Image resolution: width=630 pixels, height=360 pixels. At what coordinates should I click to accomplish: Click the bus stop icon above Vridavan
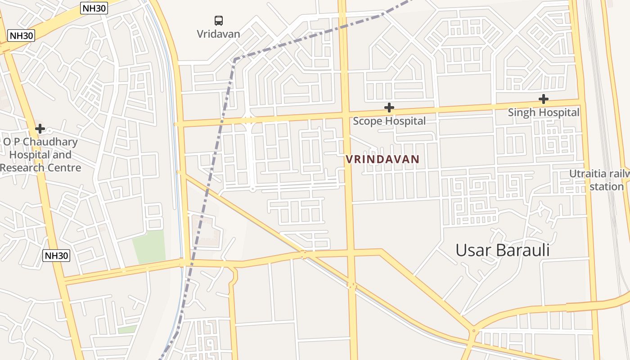(x=219, y=20)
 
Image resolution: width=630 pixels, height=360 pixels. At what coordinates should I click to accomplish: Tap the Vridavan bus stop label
(x=219, y=34)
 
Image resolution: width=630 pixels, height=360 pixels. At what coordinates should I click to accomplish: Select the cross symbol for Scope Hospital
(x=389, y=108)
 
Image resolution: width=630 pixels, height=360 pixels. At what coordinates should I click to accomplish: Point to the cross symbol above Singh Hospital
(x=544, y=99)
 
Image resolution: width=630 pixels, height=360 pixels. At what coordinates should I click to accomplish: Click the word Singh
(x=522, y=112)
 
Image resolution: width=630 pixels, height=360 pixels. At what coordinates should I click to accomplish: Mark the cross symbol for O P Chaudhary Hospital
(x=40, y=129)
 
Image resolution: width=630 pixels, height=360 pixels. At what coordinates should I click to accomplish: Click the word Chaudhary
(x=51, y=142)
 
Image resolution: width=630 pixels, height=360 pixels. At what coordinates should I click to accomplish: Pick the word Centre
(x=66, y=168)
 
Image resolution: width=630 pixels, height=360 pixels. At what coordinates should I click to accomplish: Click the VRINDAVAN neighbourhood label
(x=382, y=159)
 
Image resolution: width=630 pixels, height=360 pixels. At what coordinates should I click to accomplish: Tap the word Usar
(x=473, y=250)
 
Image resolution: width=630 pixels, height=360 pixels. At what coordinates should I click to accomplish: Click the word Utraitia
(x=588, y=174)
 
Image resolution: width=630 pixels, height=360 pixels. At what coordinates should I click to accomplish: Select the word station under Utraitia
(x=606, y=186)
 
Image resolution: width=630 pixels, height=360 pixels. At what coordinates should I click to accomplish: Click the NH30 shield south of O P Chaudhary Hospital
(x=57, y=256)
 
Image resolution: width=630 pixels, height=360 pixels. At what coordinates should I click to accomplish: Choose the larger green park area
(x=148, y=247)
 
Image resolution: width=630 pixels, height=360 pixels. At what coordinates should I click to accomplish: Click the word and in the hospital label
(x=63, y=155)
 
